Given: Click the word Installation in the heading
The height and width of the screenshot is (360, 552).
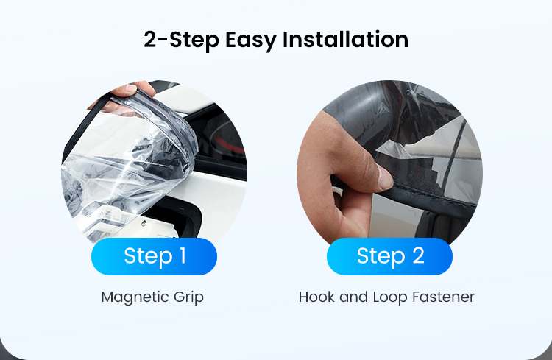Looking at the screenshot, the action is [x=345, y=40].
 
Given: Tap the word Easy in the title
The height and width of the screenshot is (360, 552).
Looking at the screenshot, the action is [x=250, y=40].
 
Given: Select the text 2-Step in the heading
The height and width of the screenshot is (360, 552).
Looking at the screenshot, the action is [x=181, y=40].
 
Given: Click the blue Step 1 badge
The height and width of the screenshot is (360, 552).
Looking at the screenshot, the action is [x=154, y=256].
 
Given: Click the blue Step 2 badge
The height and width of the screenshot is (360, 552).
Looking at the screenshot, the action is [x=389, y=256].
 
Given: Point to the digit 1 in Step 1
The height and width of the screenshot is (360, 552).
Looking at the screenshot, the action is [x=183, y=255].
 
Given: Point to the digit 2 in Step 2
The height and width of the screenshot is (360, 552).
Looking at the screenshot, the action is [x=418, y=255].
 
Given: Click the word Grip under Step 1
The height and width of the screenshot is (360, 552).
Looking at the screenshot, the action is [x=188, y=297].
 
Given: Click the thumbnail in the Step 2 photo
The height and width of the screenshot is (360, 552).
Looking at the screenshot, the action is [x=385, y=177].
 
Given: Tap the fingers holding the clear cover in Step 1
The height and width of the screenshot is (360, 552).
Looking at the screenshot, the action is [x=130, y=92].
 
